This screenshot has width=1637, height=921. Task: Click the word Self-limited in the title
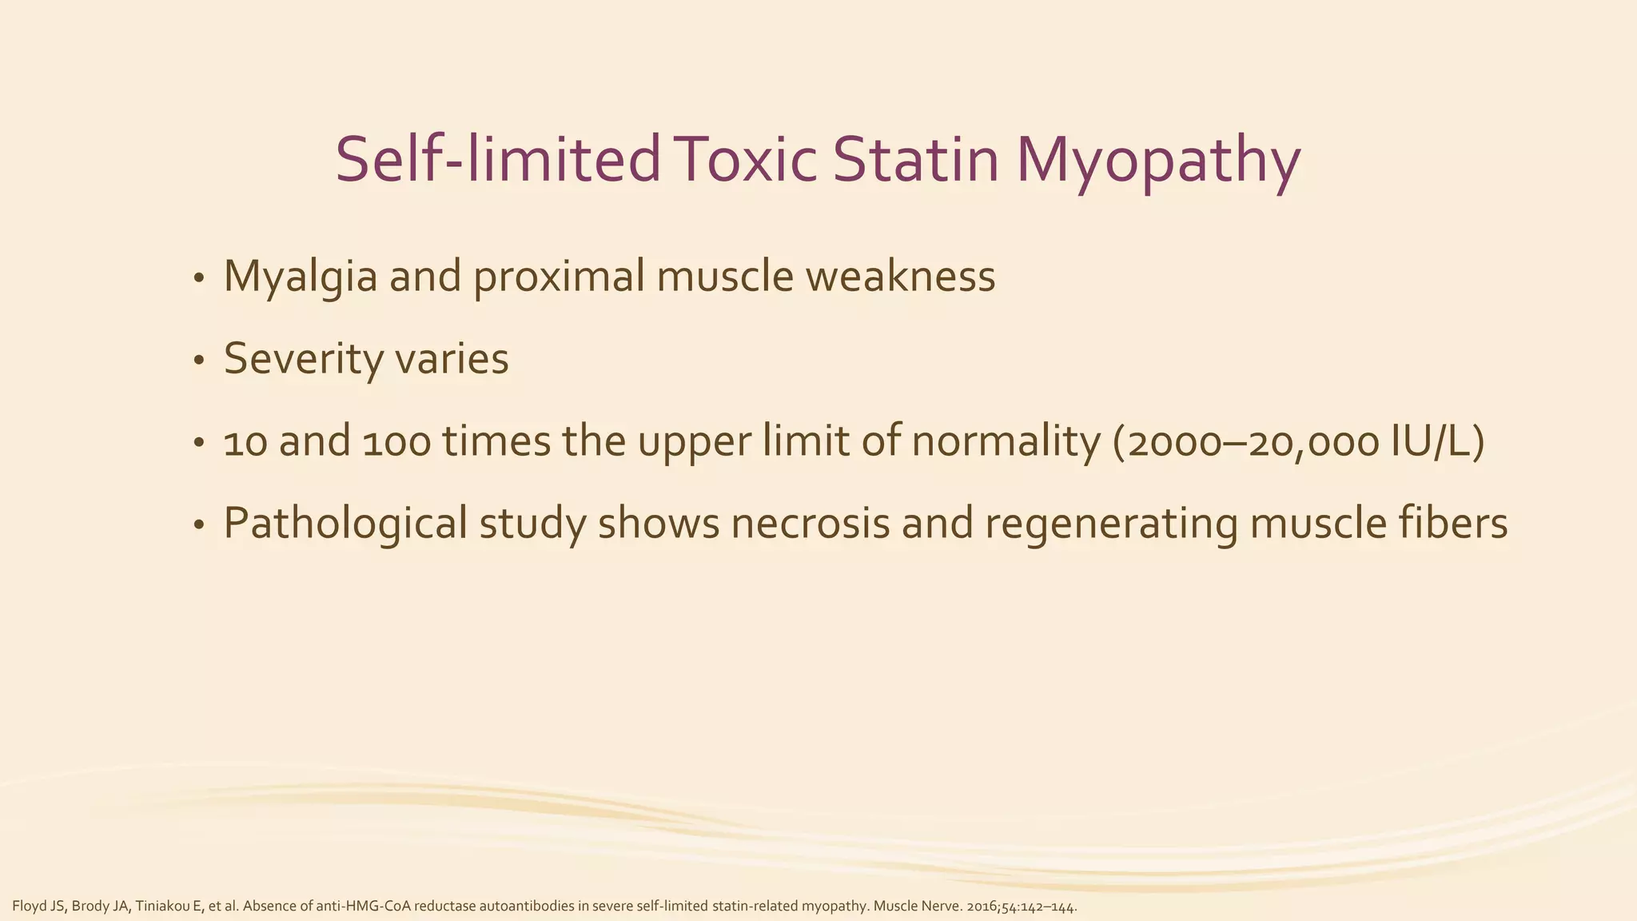click(x=497, y=160)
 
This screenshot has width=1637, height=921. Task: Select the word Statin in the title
click(x=916, y=160)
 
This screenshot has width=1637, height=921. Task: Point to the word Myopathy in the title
click(x=1158, y=164)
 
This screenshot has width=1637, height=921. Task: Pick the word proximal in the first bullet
click(x=559, y=277)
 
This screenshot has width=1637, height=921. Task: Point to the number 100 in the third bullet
click(x=396, y=442)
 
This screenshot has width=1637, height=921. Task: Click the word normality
click(x=1006, y=442)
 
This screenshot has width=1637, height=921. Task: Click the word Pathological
click(x=345, y=524)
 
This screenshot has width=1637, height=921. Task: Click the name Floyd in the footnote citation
click(x=27, y=907)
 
